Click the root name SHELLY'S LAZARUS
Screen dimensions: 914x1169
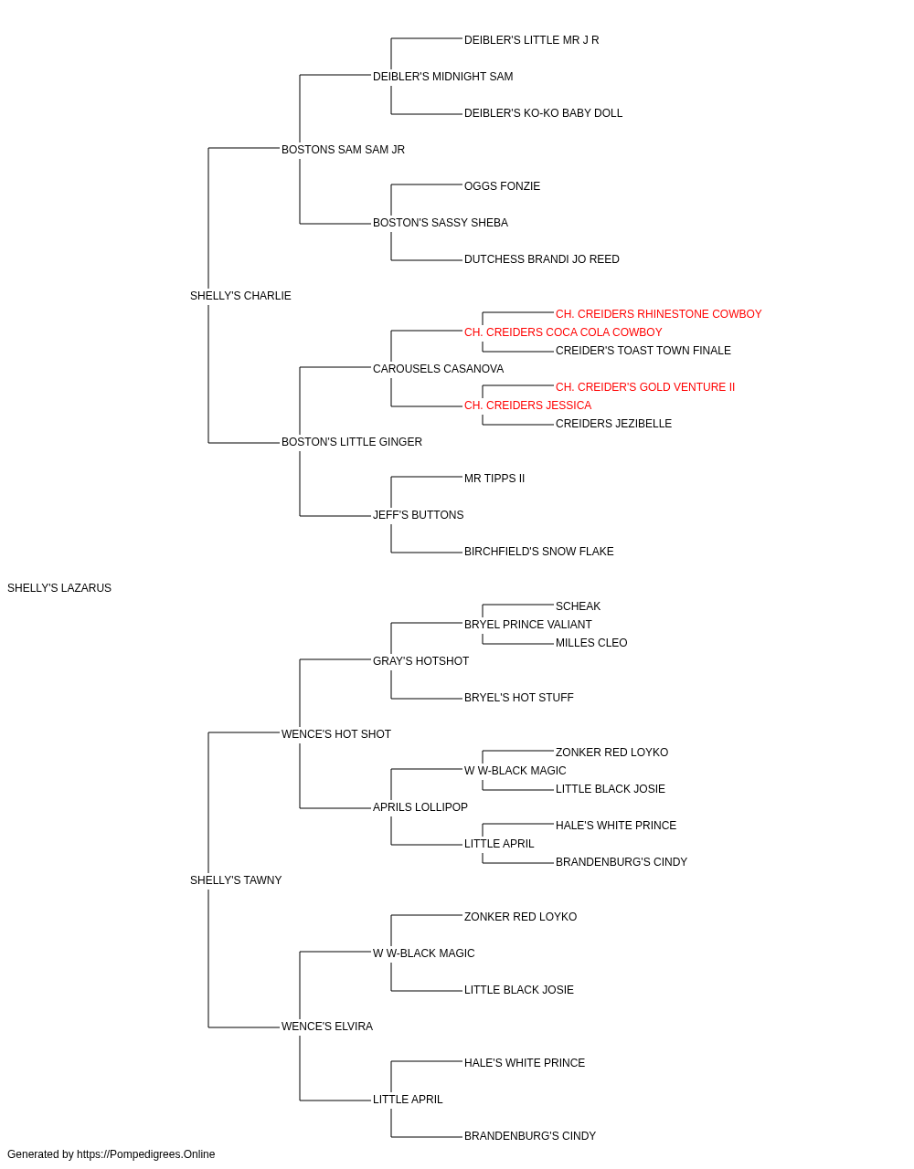59,588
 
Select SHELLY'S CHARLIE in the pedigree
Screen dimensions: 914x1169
240,296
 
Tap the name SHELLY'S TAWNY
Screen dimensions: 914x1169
236,880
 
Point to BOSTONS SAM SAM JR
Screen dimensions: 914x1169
343,150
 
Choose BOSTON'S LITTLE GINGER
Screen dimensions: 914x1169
352,442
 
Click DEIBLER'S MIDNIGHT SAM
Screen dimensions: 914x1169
442,77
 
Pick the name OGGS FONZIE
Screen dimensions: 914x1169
502,186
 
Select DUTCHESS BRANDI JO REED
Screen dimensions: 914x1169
541,259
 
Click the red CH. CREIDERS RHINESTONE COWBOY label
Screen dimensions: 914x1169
658,314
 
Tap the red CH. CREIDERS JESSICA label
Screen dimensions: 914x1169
527,405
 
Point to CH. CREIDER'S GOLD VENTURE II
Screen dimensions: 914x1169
645,387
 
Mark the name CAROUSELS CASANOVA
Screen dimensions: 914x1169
438,369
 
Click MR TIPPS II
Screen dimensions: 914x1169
494,479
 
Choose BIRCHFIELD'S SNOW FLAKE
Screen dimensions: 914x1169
539,552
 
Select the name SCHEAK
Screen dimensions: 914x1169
578,606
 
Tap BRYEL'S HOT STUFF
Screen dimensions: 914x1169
519,698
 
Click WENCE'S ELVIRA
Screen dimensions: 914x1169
326,1027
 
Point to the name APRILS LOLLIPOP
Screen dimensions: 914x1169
420,807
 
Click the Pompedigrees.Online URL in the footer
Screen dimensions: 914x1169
146,1154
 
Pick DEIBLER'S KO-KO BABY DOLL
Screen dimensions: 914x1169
543,113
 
